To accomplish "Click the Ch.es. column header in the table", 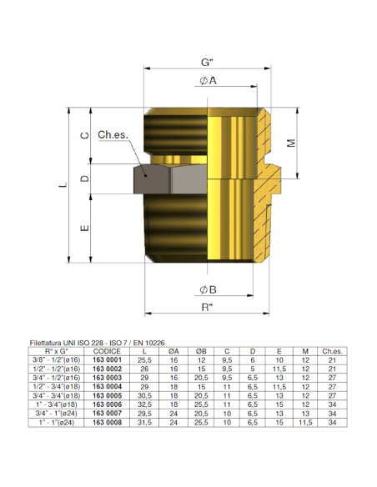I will click(x=333, y=350).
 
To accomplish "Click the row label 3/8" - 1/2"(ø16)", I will click(x=57, y=359).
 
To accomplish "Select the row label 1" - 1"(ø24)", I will click(x=57, y=422).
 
